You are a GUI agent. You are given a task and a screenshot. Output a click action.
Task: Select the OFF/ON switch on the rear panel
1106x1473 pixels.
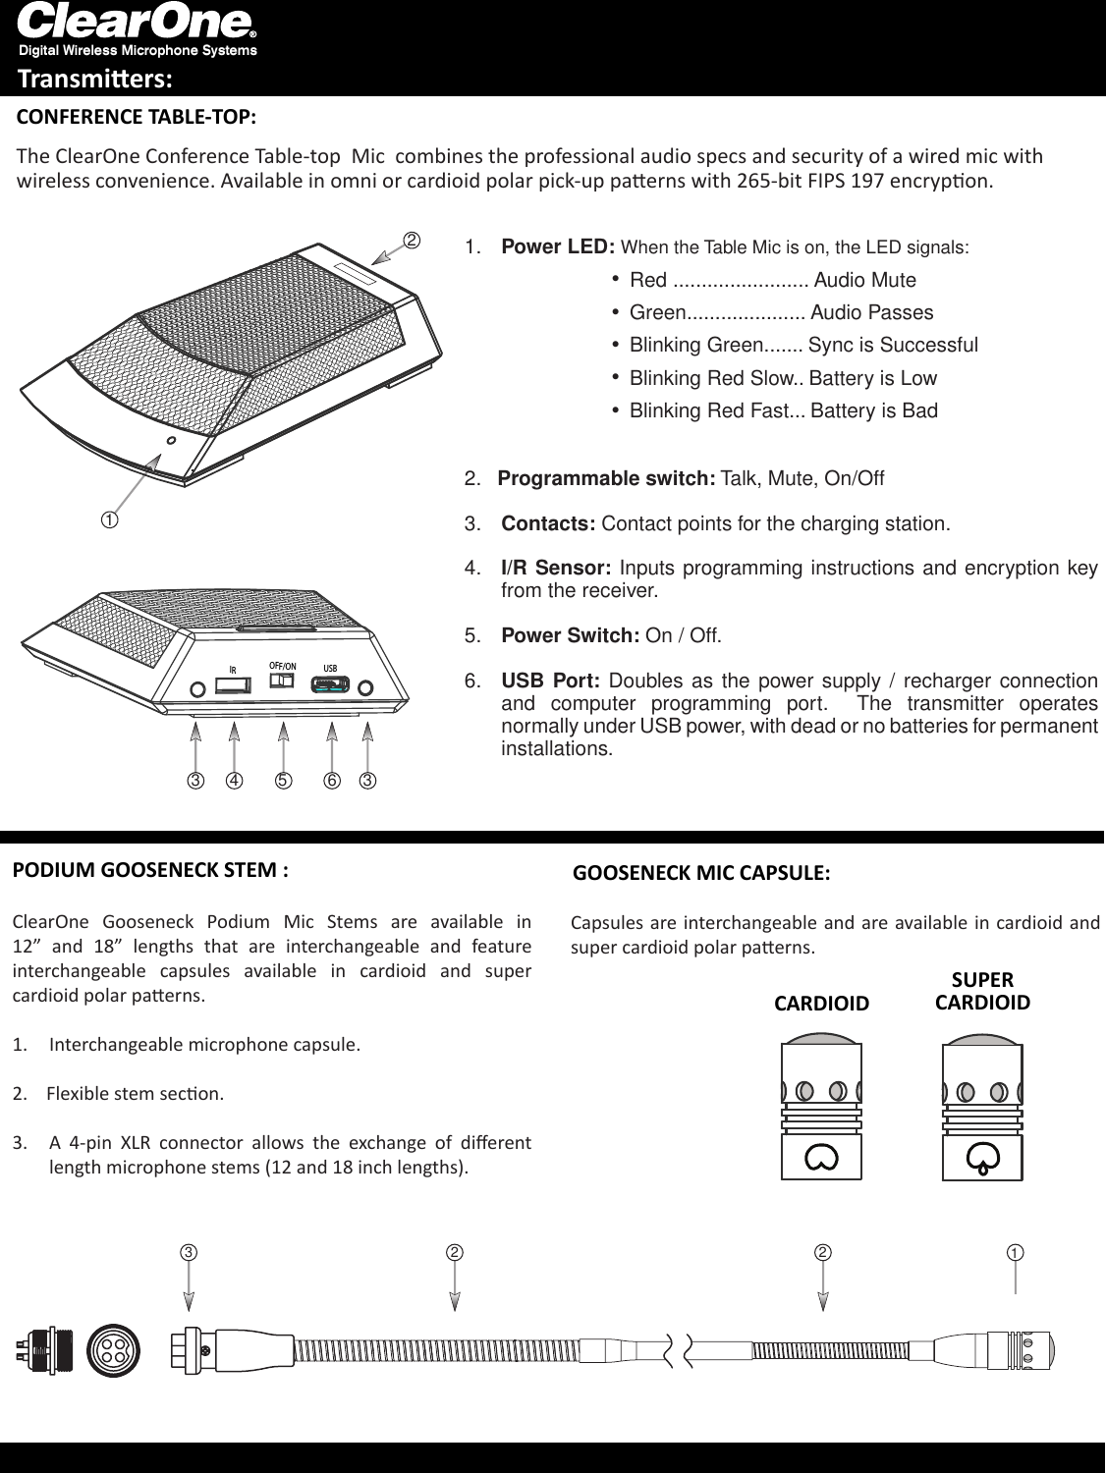[x=283, y=680]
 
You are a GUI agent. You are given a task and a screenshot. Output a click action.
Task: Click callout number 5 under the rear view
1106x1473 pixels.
[x=283, y=782]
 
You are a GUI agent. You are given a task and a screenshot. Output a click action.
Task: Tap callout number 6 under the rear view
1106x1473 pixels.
[x=332, y=782]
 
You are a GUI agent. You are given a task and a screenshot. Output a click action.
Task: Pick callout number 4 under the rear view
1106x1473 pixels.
[x=234, y=782]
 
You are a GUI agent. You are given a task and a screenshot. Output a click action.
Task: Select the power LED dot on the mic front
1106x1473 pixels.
[x=172, y=441]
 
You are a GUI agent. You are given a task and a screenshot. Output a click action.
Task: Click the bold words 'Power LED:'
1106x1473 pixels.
[x=558, y=246]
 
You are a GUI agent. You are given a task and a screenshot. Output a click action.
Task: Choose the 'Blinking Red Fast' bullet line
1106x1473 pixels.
[x=783, y=410]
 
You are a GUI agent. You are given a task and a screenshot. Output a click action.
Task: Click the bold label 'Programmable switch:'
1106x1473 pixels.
[x=606, y=478]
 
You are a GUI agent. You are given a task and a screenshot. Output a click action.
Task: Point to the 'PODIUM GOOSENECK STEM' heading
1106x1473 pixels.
[x=150, y=870]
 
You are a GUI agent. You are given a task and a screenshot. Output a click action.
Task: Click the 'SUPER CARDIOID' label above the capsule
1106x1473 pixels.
[x=982, y=991]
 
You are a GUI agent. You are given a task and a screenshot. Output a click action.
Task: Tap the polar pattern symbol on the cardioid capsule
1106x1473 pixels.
[x=821, y=1158]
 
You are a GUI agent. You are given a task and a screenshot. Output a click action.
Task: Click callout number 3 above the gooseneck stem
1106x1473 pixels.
[x=188, y=1253]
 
